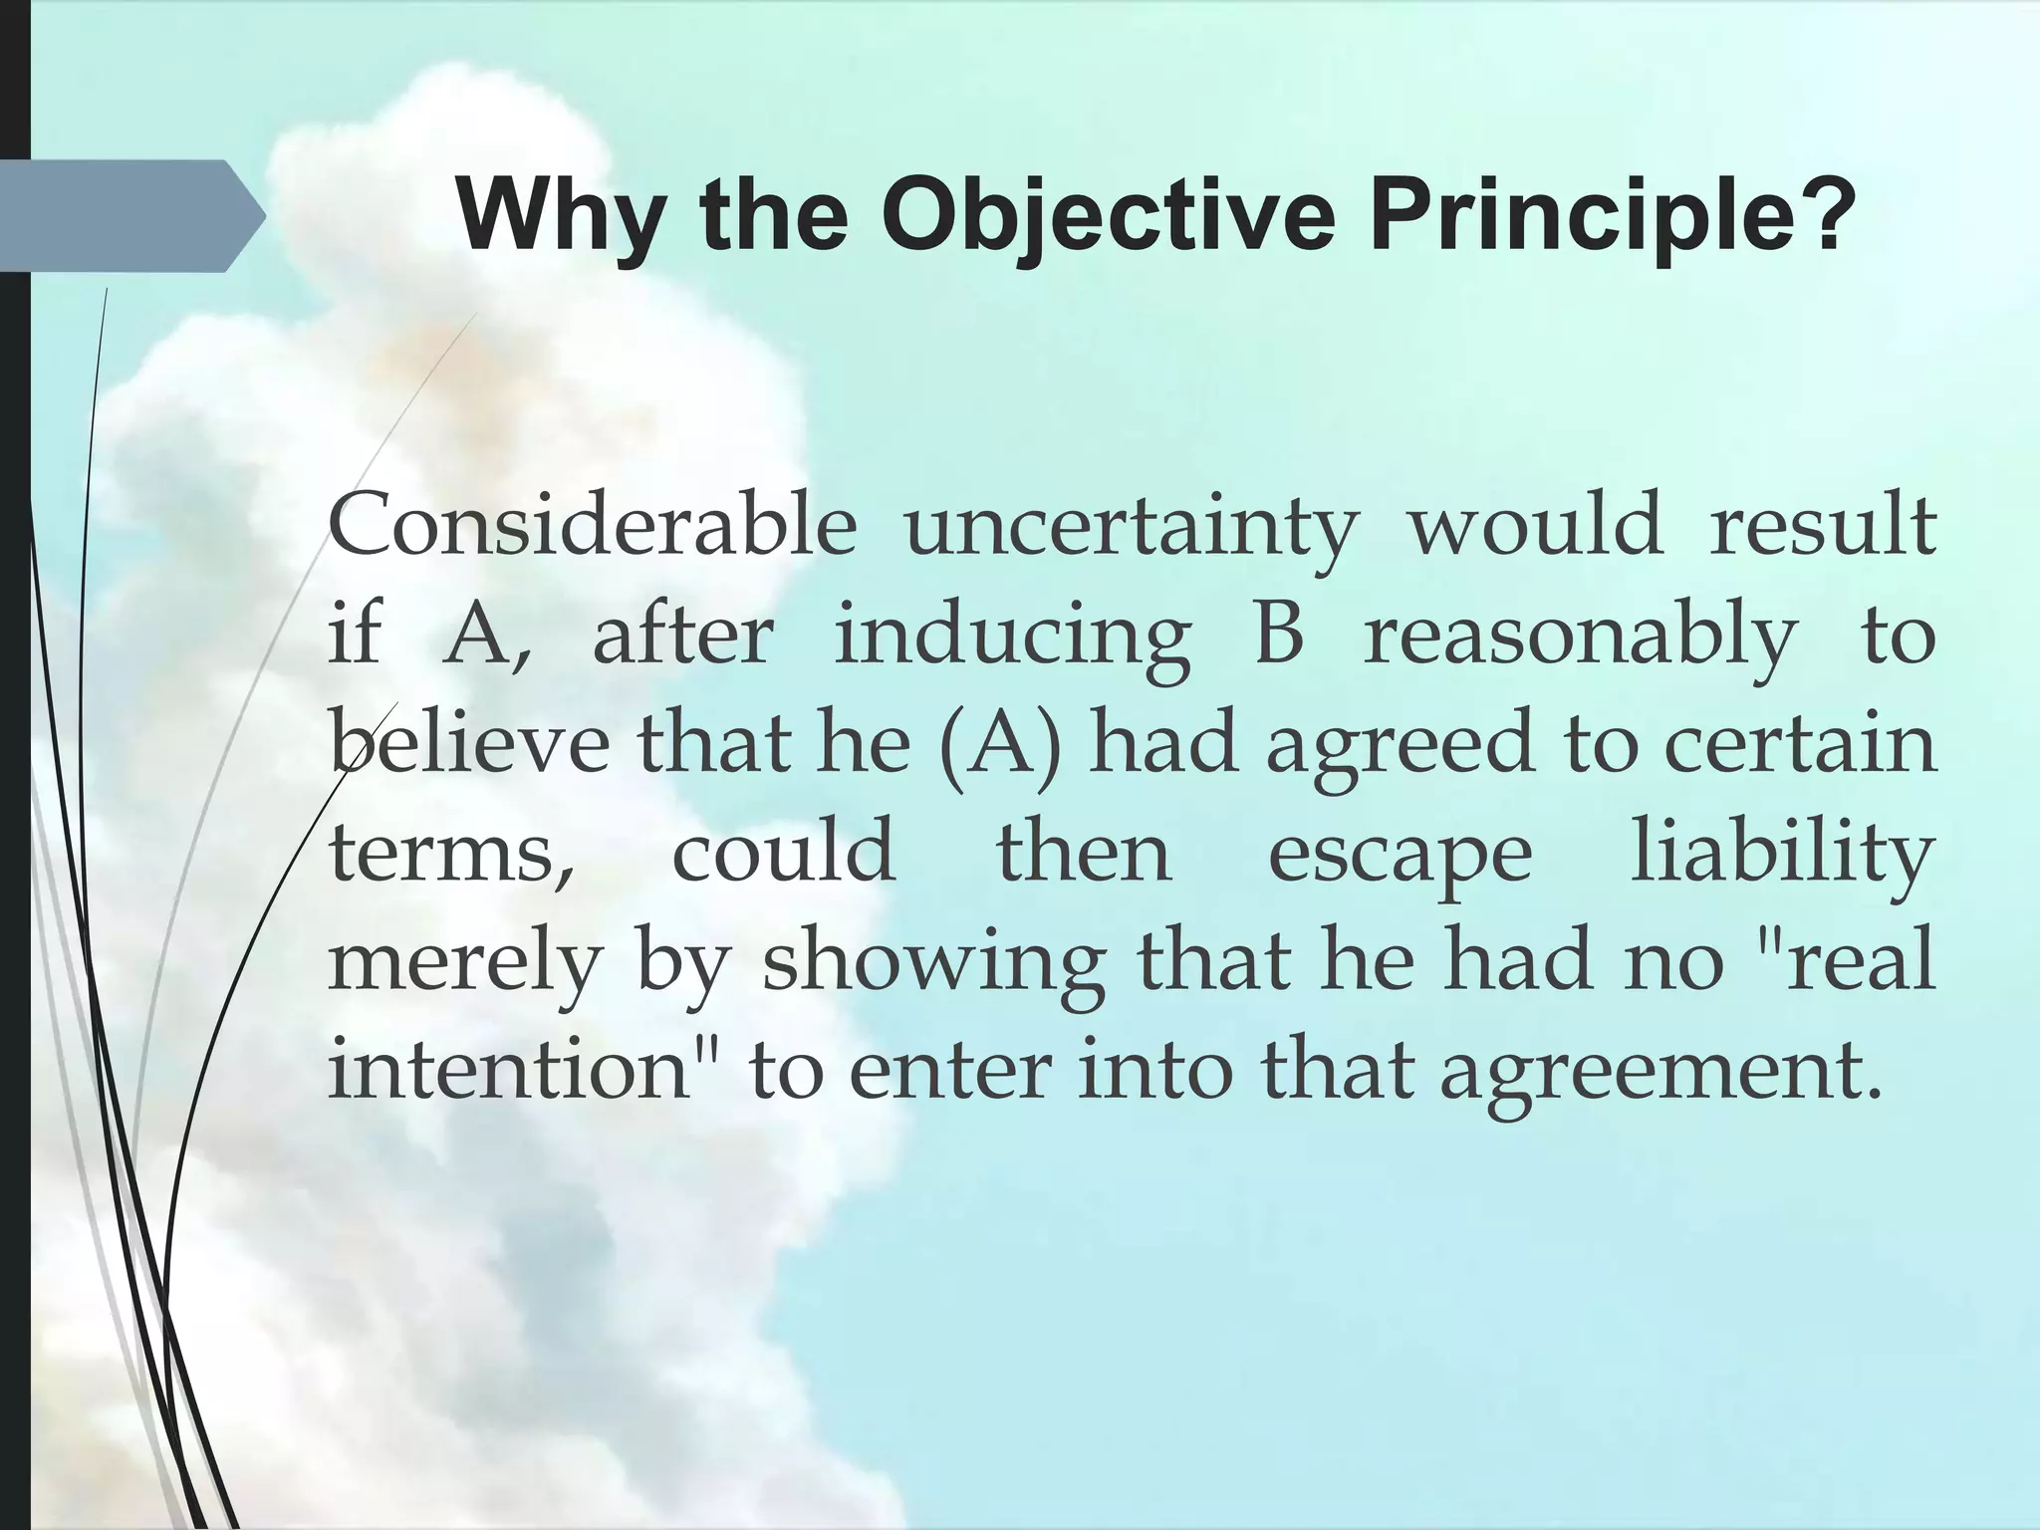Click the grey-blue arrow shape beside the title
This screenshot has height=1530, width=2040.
pyautogui.click(x=129, y=216)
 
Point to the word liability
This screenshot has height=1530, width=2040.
pyautogui.click(x=1782, y=855)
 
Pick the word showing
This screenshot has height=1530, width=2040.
pyautogui.click(x=933, y=964)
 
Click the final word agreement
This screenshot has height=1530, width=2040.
pyautogui.click(x=1662, y=1074)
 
